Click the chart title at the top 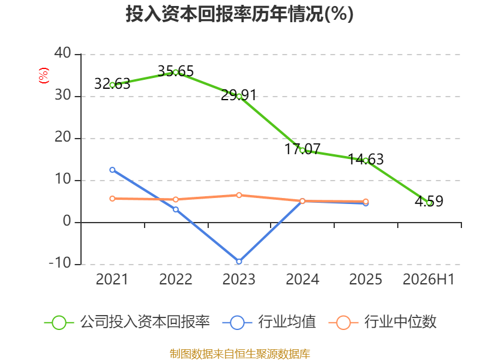pos(239,14)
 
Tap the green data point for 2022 pos(176,73)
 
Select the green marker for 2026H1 pos(429,203)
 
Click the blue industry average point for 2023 pos(239,262)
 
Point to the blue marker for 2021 pos(112,170)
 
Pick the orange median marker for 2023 pos(239,195)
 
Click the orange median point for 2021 pos(112,199)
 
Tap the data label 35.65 pos(176,71)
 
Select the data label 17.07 pos(302,149)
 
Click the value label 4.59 pos(429,201)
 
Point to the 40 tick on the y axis pos(63,53)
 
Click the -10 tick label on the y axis pos(60,263)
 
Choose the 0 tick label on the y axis pos(67,221)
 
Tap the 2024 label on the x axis pos(302,279)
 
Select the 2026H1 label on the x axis pos(428,279)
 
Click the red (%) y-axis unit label pos(44,76)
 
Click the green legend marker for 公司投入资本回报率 pos(59,323)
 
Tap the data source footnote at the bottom pos(240,354)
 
